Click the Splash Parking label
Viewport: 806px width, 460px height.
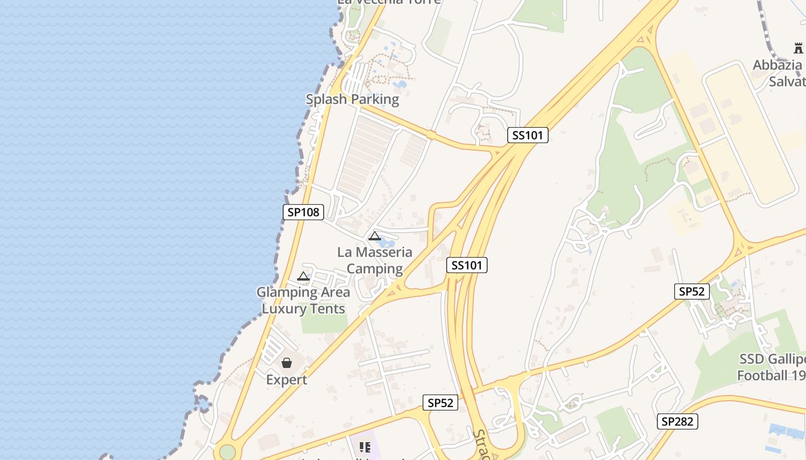pyautogui.click(x=352, y=99)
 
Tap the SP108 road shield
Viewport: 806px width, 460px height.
pyautogui.click(x=303, y=212)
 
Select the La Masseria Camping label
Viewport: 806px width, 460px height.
pyautogui.click(x=375, y=260)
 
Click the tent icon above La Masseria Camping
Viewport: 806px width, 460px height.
pyautogui.click(x=375, y=236)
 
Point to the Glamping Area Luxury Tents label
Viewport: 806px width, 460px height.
pyautogui.click(x=303, y=300)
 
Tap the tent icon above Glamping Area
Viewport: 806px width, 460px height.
pyautogui.click(x=303, y=277)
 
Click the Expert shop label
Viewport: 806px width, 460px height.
pyautogui.click(x=287, y=380)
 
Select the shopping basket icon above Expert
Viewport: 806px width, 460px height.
pyautogui.click(x=287, y=363)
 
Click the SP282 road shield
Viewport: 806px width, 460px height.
pyautogui.click(x=678, y=421)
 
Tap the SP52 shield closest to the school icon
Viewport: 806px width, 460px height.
pyautogui.click(x=440, y=403)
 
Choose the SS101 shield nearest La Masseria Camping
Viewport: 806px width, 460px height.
pyautogui.click(x=467, y=265)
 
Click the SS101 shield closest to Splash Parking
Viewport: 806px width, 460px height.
pyautogui.click(x=528, y=136)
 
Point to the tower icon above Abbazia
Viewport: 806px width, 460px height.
pyautogui.click(x=798, y=48)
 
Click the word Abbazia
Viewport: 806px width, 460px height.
pyautogui.click(x=777, y=65)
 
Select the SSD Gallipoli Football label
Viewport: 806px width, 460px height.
pyautogui.click(x=771, y=367)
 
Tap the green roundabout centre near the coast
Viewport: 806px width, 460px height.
pyautogui.click(x=227, y=452)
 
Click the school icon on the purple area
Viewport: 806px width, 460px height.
pyautogui.click(x=364, y=447)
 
